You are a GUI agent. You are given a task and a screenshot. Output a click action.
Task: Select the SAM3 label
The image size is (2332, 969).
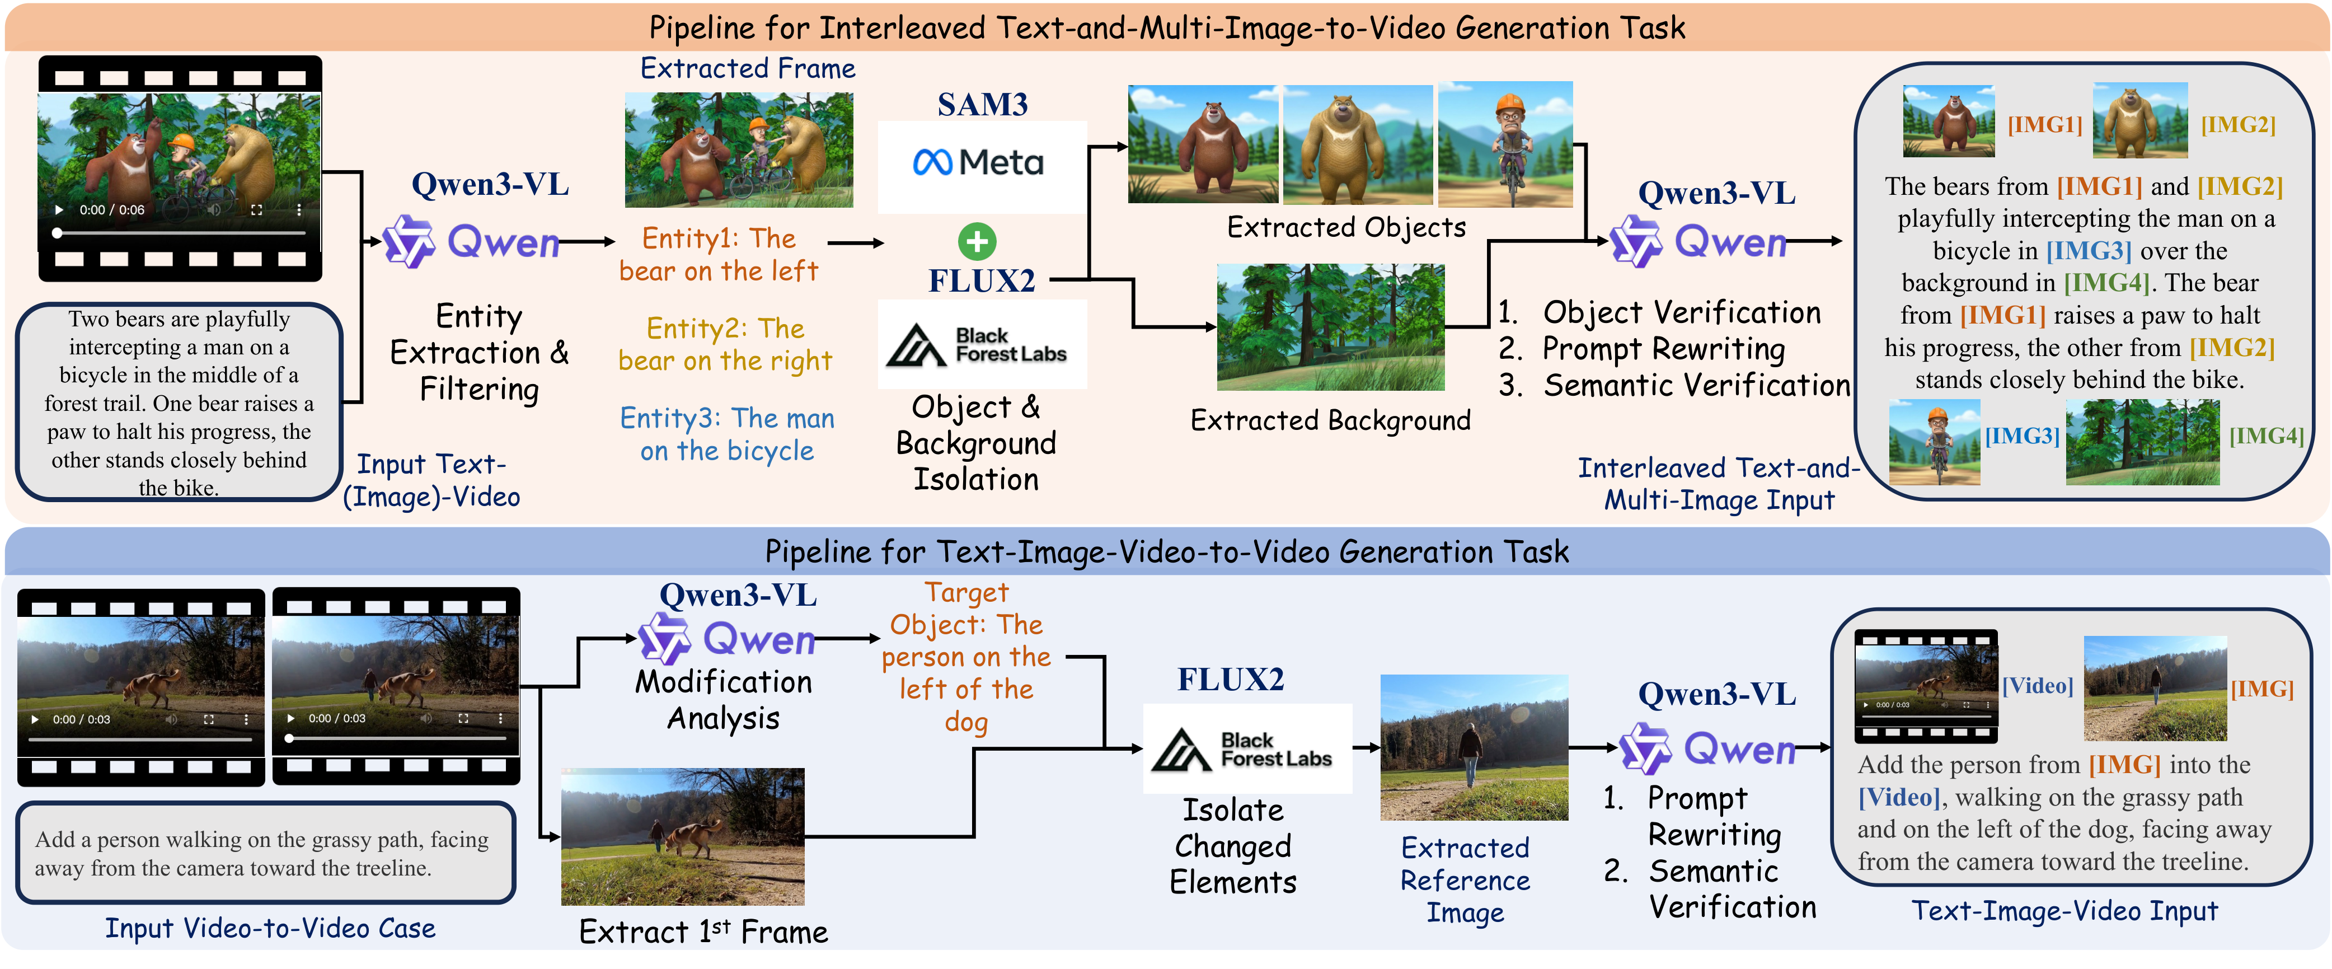pyautogui.click(x=982, y=105)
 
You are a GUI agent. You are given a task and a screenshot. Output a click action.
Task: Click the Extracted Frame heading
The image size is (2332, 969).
pyautogui.click(x=747, y=69)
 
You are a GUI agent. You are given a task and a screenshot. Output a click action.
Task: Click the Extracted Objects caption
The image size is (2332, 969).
pyautogui.click(x=1345, y=227)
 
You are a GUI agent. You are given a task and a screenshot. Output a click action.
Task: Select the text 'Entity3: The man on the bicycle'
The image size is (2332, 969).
pyautogui.click(x=727, y=435)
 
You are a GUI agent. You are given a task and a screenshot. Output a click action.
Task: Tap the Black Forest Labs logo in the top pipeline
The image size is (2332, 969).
pyautogui.click(x=982, y=345)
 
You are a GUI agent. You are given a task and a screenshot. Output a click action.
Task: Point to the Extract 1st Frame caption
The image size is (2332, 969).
pyautogui.click(x=703, y=932)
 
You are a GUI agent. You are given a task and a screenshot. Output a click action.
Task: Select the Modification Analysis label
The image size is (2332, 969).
pyautogui.click(x=723, y=700)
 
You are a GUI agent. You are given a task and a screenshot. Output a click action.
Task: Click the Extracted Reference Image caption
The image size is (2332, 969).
pyautogui.click(x=1465, y=880)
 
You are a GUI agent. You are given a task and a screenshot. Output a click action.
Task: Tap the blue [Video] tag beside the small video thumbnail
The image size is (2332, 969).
pyautogui.click(x=2037, y=686)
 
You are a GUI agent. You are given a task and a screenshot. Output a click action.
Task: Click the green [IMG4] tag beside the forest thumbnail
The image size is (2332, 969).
pyautogui.click(x=2266, y=437)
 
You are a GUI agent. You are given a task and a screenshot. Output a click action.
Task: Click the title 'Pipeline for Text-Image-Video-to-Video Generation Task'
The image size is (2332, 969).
pyautogui.click(x=1166, y=551)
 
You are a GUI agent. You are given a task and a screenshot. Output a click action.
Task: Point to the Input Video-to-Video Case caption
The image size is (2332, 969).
pyautogui.click(x=270, y=928)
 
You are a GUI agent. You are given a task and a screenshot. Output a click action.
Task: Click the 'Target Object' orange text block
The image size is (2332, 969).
pyautogui.click(x=966, y=657)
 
